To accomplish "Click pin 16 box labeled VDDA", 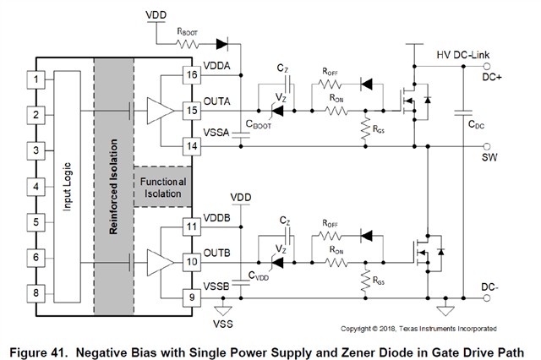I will pos(192,76).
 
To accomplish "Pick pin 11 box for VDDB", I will pos(192,227).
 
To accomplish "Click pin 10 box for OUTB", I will pos(192,263).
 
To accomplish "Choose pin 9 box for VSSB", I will pos(192,296).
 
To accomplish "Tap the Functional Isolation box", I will pos(163,188).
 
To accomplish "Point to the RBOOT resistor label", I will pos(187,31).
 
